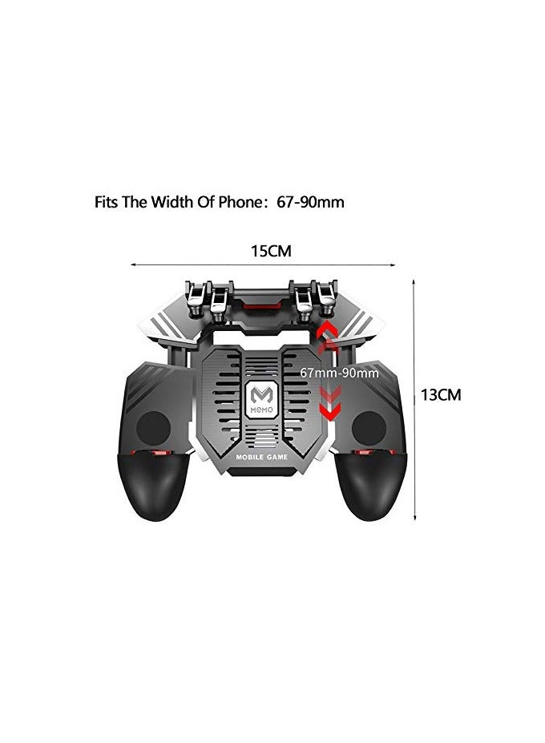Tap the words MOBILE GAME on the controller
pyautogui.click(x=262, y=457)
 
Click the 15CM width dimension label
pyautogui.click(x=270, y=251)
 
